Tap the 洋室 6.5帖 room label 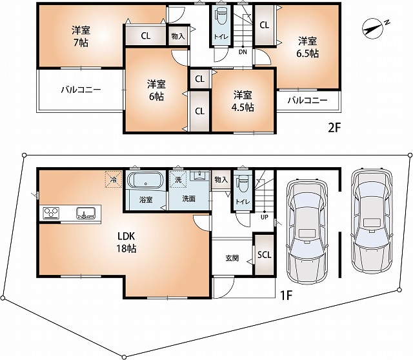point(307,48)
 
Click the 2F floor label point(333,127)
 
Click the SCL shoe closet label point(265,254)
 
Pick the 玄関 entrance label point(232,258)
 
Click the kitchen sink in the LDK point(86,212)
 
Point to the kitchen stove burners point(52,212)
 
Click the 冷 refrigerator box point(114,179)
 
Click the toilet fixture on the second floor point(221,15)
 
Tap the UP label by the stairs point(264,217)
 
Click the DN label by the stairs point(242,52)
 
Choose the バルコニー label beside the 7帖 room point(81,90)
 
